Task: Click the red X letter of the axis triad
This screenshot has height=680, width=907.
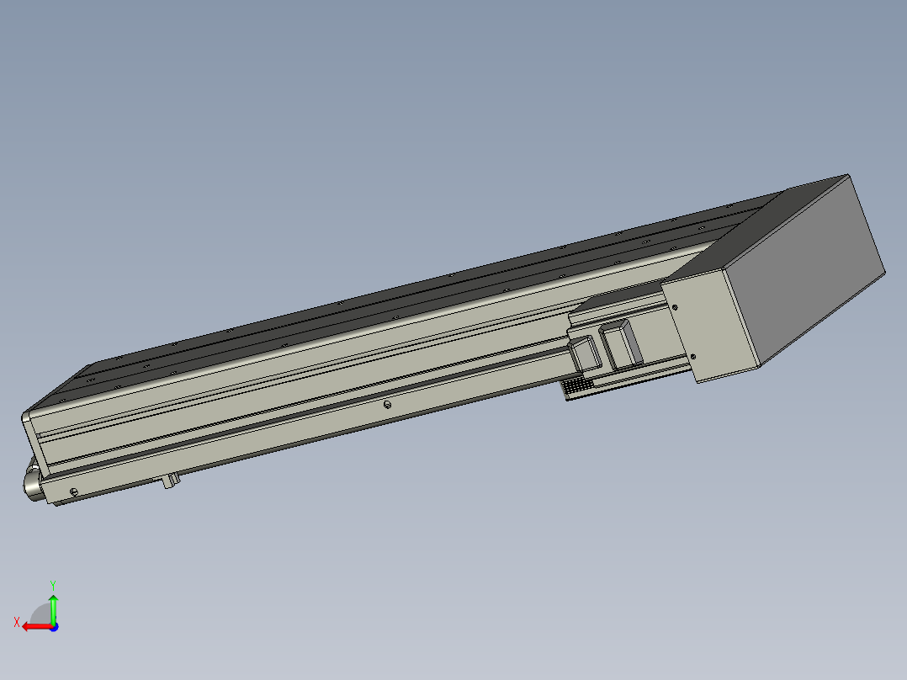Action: [x=17, y=622]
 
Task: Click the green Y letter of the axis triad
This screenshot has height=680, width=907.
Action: [x=53, y=585]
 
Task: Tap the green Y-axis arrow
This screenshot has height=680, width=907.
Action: [x=53, y=608]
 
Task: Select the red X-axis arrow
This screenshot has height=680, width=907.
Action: [x=37, y=627]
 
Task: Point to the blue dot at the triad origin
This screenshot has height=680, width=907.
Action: [x=54, y=627]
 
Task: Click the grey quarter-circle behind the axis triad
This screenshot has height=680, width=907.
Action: [x=40, y=614]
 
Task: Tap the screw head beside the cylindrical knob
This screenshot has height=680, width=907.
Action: [x=73, y=492]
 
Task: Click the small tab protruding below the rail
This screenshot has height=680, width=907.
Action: [x=170, y=481]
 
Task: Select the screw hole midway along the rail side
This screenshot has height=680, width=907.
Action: [x=388, y=405]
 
